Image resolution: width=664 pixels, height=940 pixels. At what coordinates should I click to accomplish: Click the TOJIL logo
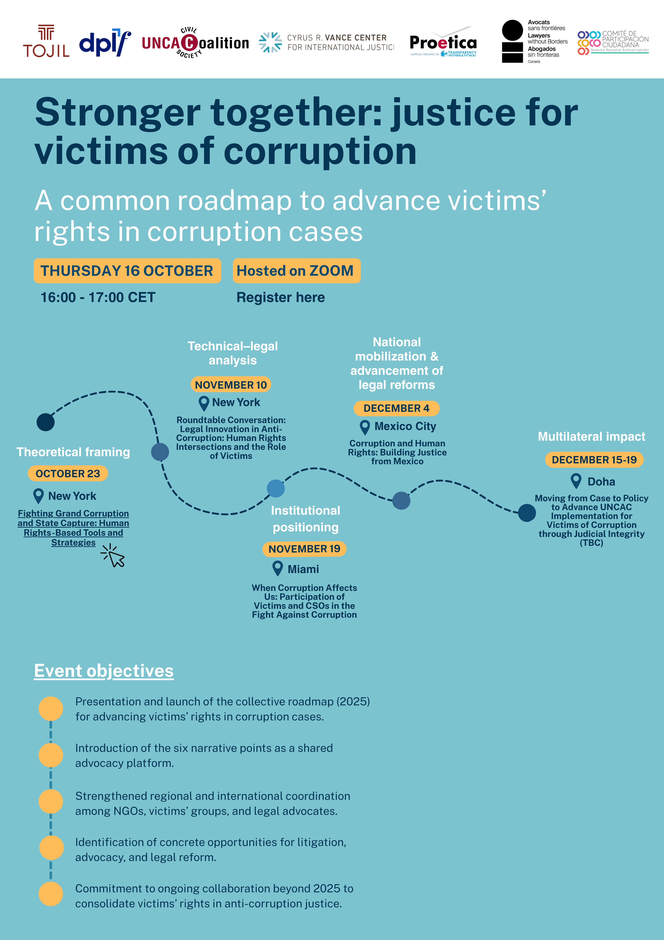pyautogui.click(x=46, y=42)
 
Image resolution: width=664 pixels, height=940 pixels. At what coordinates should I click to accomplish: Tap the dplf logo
pyautogui.click(x=105, y=43)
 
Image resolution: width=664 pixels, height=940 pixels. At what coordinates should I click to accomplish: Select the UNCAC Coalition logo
pyautogui.click(x=195, y=43)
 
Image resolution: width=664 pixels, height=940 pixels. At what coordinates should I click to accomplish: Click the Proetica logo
pyautogui.click(x=443, y=43)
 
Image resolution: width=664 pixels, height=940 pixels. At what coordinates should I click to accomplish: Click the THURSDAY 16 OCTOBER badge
pyautogui.click(x=127, y=271)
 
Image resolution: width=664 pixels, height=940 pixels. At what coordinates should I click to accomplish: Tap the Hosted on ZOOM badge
pyautogui.click(x=296, y=271)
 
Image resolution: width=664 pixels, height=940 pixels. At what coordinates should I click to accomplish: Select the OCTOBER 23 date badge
pyautogui.click(x=68, y=474)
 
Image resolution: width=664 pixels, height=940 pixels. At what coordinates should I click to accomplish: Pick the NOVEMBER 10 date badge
pyautogui.click(x=231, y=385)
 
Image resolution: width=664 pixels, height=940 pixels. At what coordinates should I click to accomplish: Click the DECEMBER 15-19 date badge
pyautogui.click(x=594, y=460)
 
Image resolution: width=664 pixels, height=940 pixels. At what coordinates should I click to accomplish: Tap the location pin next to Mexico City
pyautogui.click(x=365, y=427)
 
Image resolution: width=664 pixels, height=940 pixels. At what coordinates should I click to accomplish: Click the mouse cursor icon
pyautogui.click(x=114, y=556)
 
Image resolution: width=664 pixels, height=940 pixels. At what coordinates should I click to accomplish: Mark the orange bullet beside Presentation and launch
pyautogui.click(x=51, y=709)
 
